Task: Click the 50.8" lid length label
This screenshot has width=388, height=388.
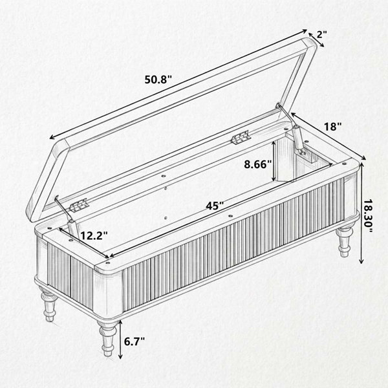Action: point(158,80)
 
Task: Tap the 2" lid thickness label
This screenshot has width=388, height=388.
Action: point(322,34)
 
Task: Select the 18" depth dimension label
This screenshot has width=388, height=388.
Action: point(332,127)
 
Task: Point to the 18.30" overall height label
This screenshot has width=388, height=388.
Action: point(368,216)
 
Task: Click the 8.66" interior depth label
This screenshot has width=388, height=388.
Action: point(258,164)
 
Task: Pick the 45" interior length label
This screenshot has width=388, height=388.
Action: point(215,206)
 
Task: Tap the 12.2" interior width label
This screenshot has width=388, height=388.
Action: point(94,235)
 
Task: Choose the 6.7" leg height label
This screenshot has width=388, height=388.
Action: point(134,341)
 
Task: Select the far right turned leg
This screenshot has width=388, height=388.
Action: point(345,242)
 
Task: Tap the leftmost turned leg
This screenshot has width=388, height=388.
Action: point(48,304)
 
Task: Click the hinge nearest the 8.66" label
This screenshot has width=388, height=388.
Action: point(241,137)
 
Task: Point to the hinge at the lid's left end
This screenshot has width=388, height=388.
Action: point(79,205)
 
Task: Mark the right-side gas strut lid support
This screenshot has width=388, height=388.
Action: point(292,129)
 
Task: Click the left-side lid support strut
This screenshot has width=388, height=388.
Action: point(66,216)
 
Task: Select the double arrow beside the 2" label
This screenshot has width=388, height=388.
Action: point(316,39)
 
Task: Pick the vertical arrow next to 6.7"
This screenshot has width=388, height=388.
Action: point(120,339)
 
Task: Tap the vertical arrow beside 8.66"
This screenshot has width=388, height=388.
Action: point(274,161)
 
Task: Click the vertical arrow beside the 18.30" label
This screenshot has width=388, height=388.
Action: point(361,213)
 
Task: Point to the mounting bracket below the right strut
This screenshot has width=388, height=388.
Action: point(309,156)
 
